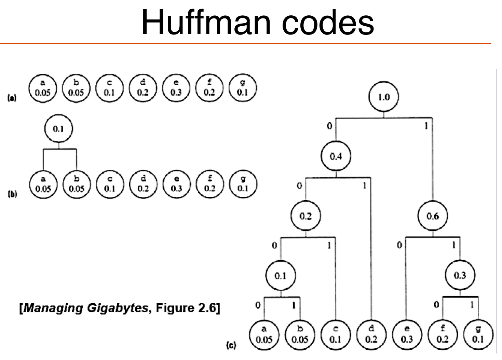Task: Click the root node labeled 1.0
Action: pos(384,97)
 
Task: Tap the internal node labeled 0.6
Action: pos(432,216)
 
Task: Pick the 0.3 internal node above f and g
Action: pos(460,275)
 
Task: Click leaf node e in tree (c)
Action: pos(407,334)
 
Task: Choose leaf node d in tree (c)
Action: pos(371,334)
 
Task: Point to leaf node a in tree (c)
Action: pos(264,334)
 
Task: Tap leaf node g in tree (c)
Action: pos(478,334)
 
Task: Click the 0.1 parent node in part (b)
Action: pos(59,129)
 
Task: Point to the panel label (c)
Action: pos(231,345)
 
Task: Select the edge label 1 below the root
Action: pos(426,126)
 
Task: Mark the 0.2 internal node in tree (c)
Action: pos(306,216)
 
